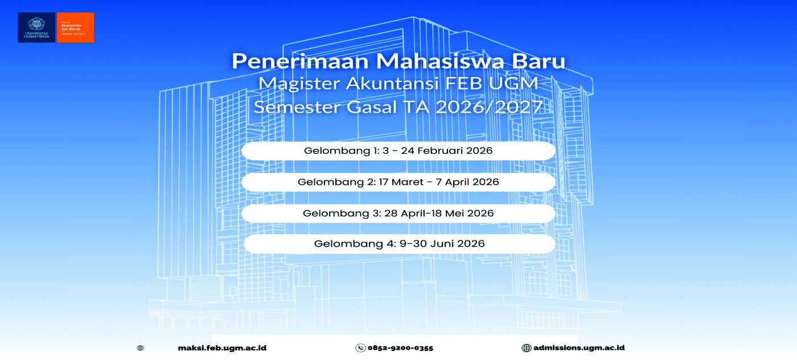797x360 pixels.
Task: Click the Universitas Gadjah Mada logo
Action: coord(37,27)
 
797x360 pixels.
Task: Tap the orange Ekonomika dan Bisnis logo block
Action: coord(75,27)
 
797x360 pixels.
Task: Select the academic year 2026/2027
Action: coord(488,107)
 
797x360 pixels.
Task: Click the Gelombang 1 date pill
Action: coord(398,151)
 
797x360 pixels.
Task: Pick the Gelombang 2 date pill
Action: coord(398,182)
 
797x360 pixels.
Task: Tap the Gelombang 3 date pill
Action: coord(398,213)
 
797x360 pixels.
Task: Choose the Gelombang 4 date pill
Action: coord(398,244)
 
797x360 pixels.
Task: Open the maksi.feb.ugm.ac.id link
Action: coord(222,348)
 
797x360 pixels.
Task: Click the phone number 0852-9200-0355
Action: coord(400,348)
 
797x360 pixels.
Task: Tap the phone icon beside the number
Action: coord(360,348)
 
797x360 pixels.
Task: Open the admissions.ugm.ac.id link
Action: coord(579,348)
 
